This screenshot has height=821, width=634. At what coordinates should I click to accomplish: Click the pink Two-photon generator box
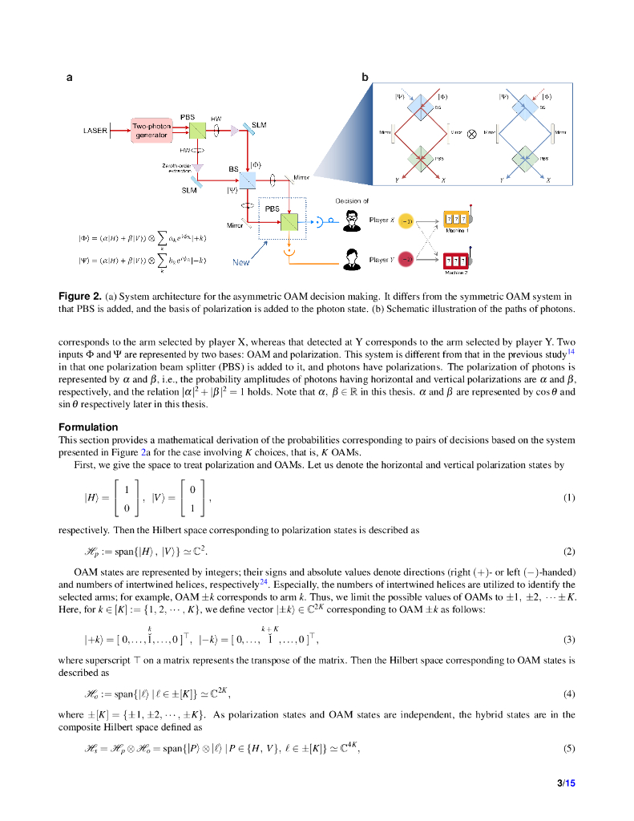[151, 131]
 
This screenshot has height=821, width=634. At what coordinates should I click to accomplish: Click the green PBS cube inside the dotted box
[289, 220]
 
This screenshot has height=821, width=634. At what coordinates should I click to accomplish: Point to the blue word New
[241, 262]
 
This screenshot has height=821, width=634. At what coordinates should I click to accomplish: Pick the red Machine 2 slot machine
[457, 260]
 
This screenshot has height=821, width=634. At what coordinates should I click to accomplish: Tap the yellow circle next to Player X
[406, 220]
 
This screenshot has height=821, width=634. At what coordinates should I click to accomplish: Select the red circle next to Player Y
[406, 260]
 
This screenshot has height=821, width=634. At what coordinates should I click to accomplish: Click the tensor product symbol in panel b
[472, 134]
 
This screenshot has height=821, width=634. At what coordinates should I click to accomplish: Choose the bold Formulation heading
[88, 427]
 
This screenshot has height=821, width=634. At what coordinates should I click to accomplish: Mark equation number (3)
[569, 639]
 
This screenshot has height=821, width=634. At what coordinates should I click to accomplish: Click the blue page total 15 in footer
[571, 783]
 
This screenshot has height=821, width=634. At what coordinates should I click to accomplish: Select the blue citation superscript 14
[571, 351]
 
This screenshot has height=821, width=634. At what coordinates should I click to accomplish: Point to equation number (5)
[569, 750]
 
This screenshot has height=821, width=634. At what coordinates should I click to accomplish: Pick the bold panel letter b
[365, 78]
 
